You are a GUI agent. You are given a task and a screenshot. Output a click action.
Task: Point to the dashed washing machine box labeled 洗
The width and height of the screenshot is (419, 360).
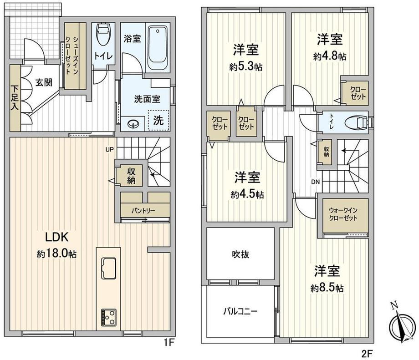click(158, 121)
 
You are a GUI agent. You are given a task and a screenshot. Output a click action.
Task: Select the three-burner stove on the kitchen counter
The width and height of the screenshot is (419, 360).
click(108, 317)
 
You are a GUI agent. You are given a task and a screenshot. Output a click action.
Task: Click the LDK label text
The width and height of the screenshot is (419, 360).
click(56, 237)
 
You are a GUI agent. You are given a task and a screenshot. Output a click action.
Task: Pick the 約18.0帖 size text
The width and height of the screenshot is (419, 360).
click(56, 254)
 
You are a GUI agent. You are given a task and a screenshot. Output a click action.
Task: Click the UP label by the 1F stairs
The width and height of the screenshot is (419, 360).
click(109, 149)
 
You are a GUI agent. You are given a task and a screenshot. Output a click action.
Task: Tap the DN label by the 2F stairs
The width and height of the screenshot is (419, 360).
click(315, 182)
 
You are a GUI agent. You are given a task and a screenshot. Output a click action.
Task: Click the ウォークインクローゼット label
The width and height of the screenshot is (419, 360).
click(343, 214)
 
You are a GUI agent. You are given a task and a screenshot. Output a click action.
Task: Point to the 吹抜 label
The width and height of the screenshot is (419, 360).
click(240, 254)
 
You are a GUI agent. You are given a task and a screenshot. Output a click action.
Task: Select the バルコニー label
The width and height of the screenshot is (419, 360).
click(240, 312)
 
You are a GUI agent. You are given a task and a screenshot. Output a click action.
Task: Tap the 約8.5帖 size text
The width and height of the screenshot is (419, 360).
click(327, 288)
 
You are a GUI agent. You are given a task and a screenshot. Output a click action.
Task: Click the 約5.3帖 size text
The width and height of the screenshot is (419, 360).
click(245, 66)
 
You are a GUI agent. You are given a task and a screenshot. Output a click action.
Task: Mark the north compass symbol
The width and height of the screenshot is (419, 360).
click(401, 325)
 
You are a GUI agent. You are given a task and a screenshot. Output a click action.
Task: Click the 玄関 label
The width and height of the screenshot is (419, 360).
click(44, 83)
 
